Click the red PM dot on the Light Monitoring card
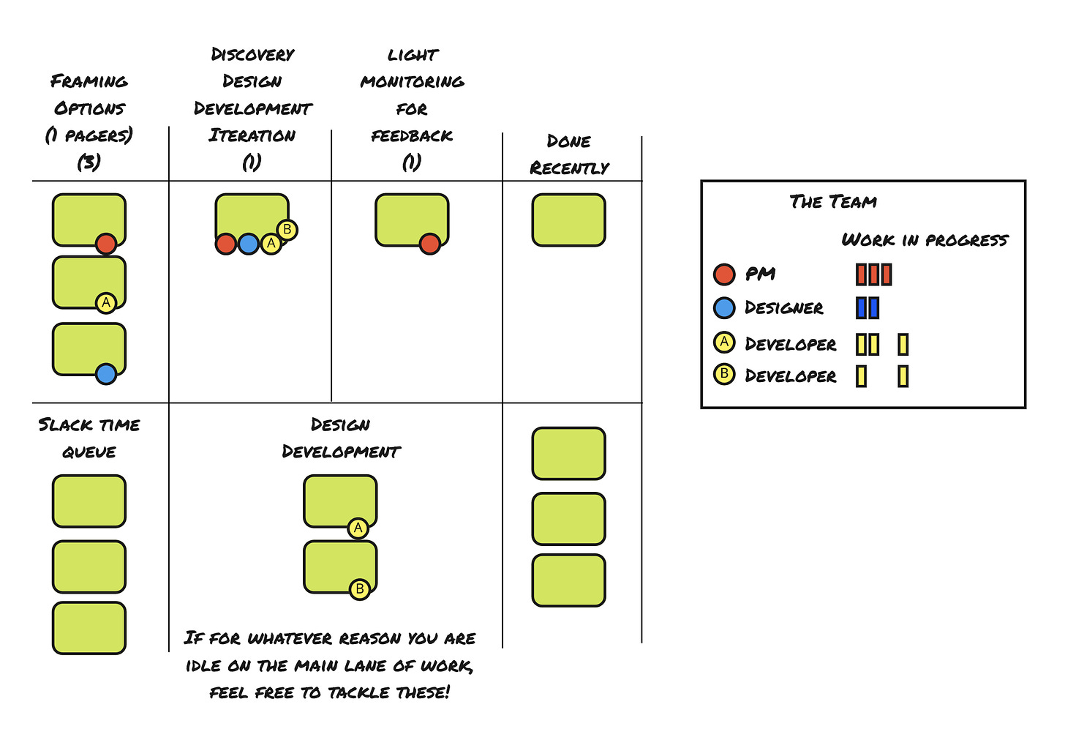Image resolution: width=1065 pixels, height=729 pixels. (x=430, y=244)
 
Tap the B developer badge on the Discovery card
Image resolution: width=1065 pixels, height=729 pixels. (x=287, y=230)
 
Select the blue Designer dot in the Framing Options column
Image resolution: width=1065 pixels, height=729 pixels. (x=106, y=374)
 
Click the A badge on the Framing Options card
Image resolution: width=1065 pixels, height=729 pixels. (x=106, y=302)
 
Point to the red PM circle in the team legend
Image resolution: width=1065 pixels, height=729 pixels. (x=724, y=274)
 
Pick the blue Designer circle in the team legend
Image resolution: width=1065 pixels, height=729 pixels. (x=724, y=307)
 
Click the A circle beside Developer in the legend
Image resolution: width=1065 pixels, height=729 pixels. (x=724, y=342)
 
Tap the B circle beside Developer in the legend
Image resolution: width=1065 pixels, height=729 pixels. (x=724, y=374)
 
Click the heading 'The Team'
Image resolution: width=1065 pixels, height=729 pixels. (x=833, y=202)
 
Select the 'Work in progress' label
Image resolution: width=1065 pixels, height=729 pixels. (x=925, y=240)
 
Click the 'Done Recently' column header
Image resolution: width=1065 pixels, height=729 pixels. (x=569, y=154)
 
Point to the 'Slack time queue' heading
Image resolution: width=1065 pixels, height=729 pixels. (x=89, y=438)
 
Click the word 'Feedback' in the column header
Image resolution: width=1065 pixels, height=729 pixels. (x=412, y=136)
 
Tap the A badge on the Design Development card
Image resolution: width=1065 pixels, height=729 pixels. (x=358, y=528)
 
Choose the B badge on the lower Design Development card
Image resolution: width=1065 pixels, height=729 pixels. (x=359, y=589)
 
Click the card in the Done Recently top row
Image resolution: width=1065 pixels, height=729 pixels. (x=568, y=220)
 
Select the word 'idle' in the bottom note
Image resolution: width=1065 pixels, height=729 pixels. (x=203, y=666)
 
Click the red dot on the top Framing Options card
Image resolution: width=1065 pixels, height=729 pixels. (x=106, y=244)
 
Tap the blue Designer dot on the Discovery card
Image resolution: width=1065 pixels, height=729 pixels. (x=249, y=244)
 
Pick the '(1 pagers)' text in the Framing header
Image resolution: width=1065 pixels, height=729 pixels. (x=89, y=136)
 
